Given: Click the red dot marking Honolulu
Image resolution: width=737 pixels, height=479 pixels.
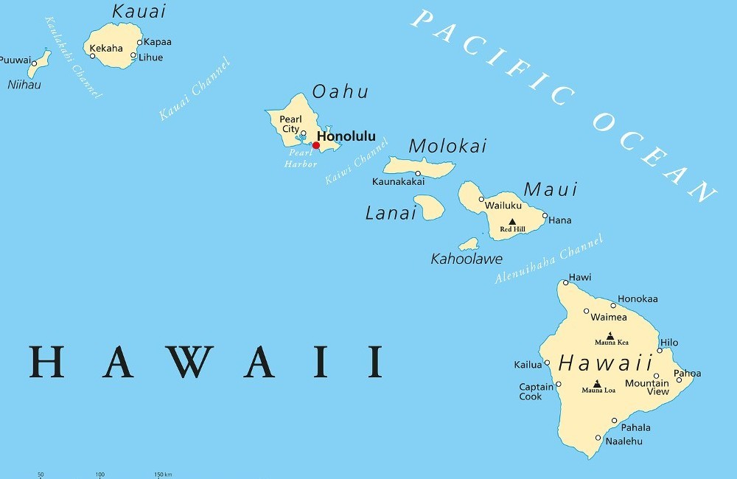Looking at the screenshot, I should (316, 145).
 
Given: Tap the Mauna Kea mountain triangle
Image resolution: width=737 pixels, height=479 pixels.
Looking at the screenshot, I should (611, 335).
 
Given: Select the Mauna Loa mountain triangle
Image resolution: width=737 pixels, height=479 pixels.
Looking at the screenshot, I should (598, 383).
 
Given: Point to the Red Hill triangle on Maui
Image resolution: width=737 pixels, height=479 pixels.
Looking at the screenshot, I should (512, 221).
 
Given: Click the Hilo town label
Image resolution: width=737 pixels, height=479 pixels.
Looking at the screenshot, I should (669, 343).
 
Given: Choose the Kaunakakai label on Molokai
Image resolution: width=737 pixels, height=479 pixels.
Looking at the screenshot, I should (398, 181).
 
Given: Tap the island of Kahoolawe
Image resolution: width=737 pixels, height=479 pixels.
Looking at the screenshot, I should (469, 244).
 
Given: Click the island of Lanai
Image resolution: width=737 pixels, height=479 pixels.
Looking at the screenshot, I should (429, 207).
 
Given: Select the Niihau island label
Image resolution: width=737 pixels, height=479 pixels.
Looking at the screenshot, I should (24, 85).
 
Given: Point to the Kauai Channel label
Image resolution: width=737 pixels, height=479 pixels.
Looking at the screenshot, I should (195, 89).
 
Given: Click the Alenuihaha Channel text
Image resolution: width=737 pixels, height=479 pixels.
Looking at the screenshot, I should (549, 259).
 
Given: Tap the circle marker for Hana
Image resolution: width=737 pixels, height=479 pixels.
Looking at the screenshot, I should (545, 216).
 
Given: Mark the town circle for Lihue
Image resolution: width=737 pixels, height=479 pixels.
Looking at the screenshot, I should (133, 55).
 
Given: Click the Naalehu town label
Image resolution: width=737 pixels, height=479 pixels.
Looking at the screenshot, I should (624, 441).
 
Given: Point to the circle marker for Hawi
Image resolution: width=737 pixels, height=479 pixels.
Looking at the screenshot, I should (565, 282).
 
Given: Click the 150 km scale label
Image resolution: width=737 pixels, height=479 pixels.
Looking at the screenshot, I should (163, 475).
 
